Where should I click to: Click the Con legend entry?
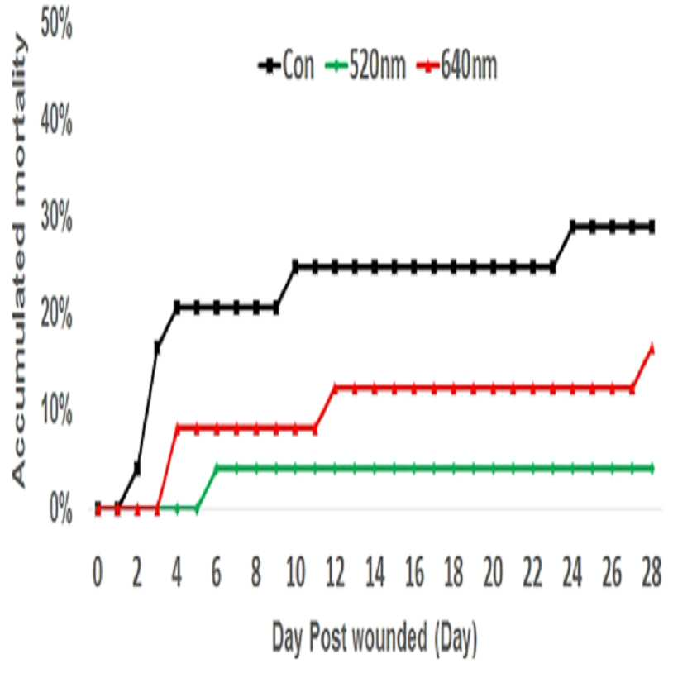pos(286,66)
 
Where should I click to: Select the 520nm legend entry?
pos(365,66)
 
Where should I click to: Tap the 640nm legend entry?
pos(457,66)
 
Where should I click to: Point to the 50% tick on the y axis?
pos(56,26)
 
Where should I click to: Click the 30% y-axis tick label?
pos(56,219)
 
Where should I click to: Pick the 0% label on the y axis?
pos(60,510)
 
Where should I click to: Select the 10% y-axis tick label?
pos(56,413)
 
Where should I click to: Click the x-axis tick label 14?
pos(375,573)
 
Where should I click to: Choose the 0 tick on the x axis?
pos(98,573)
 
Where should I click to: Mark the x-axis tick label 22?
pos(532,573)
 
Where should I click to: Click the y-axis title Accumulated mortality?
pos(19,261)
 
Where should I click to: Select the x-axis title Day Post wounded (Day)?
pos(375,637)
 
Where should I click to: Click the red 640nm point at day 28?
pos(652,348)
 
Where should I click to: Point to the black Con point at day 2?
pos(137,469)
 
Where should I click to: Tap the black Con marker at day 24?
pos(573,226)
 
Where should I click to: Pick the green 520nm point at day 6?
pos(217,468)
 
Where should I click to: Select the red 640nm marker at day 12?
pos(335,389)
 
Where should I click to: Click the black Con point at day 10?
pos(295,267)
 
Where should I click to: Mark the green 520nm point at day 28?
pos(652,468)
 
